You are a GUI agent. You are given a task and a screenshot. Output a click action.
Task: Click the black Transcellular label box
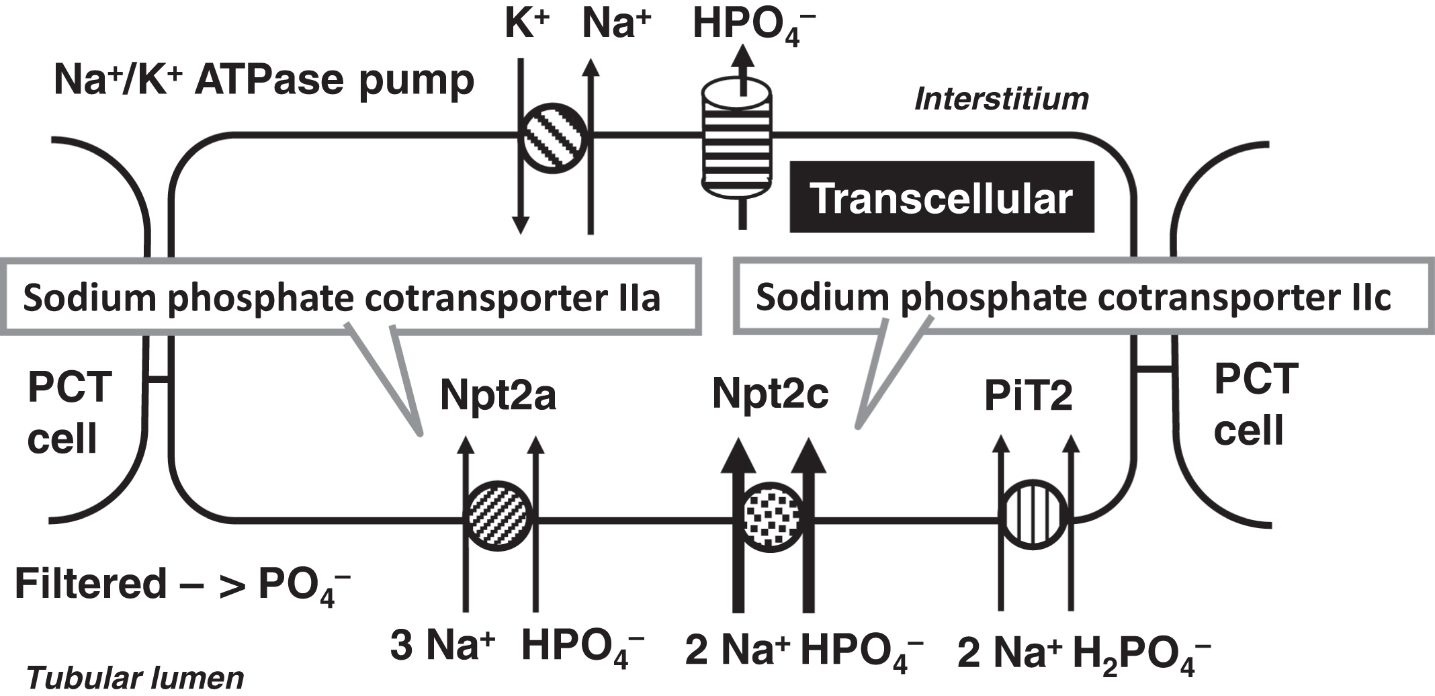point(941,198)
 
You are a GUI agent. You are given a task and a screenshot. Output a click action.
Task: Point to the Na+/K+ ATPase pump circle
point(554,138)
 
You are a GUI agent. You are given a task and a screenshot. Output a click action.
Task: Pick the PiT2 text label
point(1028,396)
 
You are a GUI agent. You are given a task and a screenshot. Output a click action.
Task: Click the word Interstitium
point(1001,99)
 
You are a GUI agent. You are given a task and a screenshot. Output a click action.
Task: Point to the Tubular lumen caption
point(135,678)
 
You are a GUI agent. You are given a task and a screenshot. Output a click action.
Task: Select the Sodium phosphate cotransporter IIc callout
point(1075,297)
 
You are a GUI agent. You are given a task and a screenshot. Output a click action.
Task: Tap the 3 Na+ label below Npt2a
point(442,646)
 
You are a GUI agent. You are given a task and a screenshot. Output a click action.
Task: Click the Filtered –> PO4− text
point(181,584)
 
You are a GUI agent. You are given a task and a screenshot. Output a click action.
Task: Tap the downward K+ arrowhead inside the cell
point(521,226)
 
